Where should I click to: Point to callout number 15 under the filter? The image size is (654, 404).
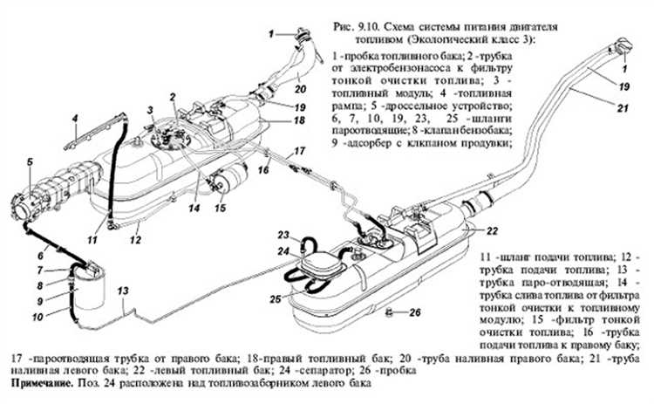[x=221, y=208]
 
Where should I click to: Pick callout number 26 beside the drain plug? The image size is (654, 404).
[x=415, y=312]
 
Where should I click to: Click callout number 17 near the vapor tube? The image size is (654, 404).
[x=298, y=149]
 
